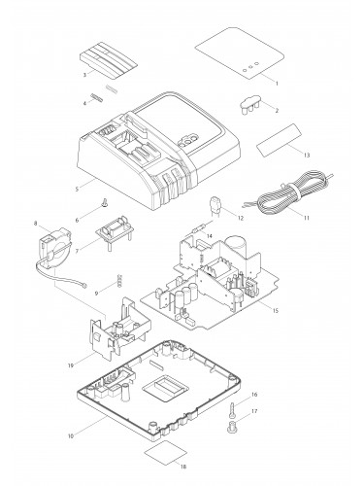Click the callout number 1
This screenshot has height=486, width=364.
tap(277, 84)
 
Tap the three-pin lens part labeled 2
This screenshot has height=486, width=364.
tap(250, 104)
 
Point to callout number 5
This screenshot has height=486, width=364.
tap(77, 189)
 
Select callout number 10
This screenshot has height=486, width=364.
tap(71, 436)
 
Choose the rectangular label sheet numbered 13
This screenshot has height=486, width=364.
tap(280, 141)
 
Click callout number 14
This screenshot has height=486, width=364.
tap(210, 236)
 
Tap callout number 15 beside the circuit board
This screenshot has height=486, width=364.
tap(275, 311)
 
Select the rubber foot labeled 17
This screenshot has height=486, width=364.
tap(232, 427)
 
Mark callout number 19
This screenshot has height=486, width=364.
tap(71, 365)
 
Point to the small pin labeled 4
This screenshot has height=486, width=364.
tap(97, 97)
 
